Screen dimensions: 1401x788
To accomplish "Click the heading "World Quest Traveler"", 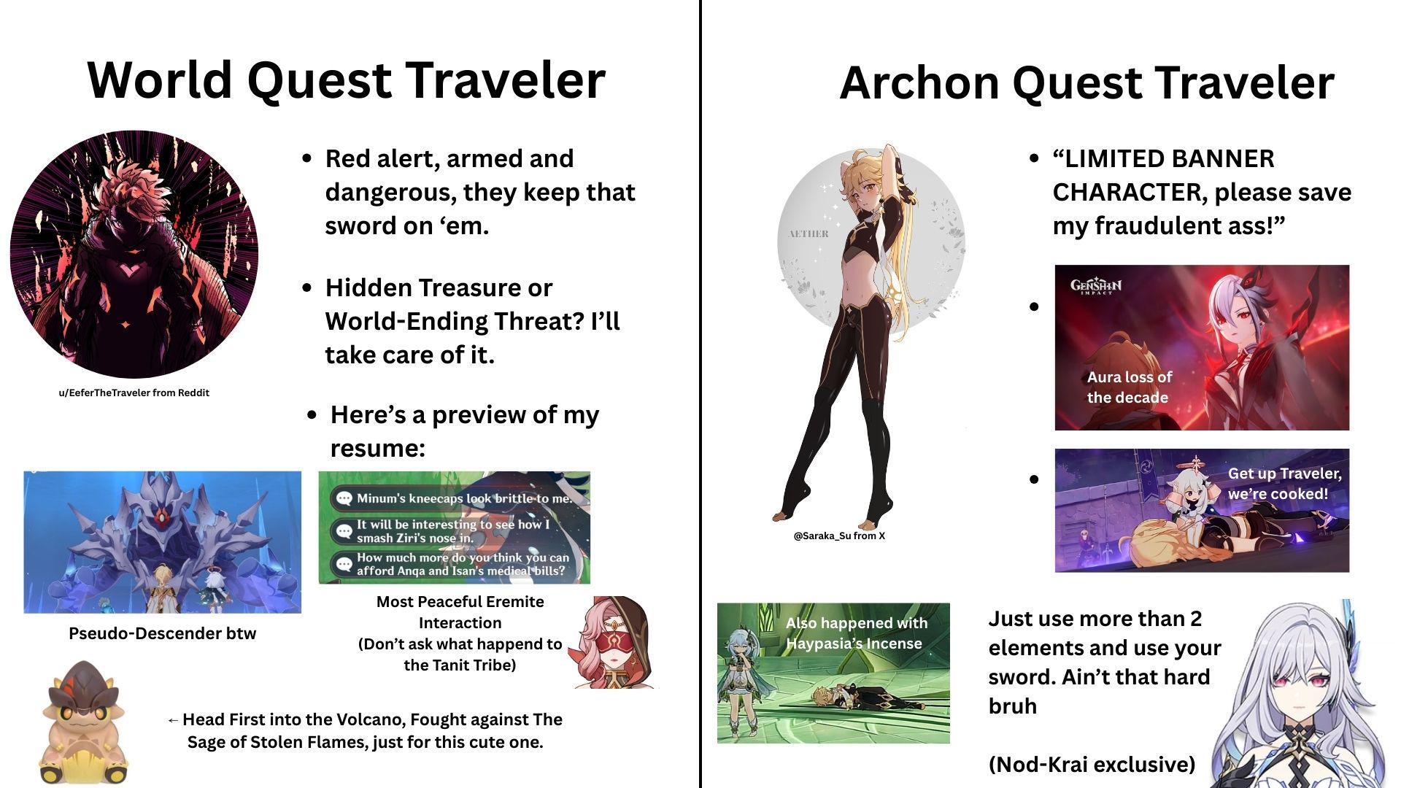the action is [x=346, y=80].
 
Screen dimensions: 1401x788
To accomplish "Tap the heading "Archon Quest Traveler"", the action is [x=1087, y=82].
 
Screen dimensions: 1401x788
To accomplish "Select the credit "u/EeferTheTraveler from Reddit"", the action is [x=134, y=393].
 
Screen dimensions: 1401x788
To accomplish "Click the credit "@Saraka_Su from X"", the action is [x=839, y=536].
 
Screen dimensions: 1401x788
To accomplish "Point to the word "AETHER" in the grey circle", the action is [x=808, y=234].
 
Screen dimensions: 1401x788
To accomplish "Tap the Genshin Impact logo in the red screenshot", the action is [x=1096, y=286].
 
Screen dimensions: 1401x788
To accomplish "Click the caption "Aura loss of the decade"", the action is [x=1129, y=387].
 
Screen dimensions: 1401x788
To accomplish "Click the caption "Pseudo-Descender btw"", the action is [x=162, y=633].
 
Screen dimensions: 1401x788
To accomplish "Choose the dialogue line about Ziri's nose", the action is [x=452, y=530].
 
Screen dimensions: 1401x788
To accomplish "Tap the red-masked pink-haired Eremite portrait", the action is [x=615, y=643].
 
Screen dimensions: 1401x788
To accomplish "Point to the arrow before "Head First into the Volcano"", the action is [x=173, y=721].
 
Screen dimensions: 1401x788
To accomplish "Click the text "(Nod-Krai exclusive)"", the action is [x=1092, y=765].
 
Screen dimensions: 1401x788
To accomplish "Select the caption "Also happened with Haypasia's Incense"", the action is [x=856, y=633].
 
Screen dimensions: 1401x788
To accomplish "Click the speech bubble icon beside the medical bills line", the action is [x=343, y=564].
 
